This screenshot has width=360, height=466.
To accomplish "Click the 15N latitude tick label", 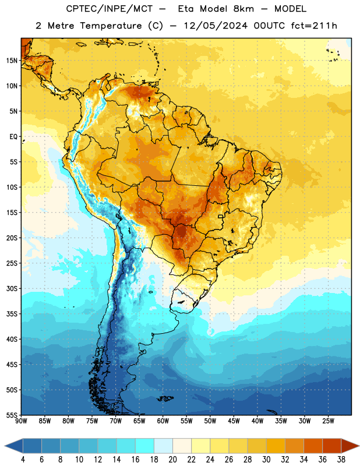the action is tap(12, 61).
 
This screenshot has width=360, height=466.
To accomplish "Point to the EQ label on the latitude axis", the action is tap(13, 137).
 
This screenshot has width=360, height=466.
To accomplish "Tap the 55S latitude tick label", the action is tap(12, 415).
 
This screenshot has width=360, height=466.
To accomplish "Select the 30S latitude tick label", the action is tap(12, 288).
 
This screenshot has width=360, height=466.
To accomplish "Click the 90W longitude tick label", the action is tap(21, 421).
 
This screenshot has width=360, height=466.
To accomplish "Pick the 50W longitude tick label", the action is tap(210, 421).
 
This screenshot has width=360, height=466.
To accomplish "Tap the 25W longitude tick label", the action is tap(328, 421).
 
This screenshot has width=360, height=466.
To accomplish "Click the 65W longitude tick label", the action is tap(139, 421).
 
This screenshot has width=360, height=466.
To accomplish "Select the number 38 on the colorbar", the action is tap(341, 460).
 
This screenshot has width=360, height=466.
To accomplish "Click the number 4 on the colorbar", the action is tap(23, 460).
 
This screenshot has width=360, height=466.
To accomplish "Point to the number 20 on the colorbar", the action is tap(172, 460).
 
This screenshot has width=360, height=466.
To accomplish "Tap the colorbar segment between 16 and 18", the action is tap(145, 446).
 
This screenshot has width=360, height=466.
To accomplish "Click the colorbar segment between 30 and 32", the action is tap(276, 446).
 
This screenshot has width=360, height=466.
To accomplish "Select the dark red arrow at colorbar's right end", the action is tap(349, 446).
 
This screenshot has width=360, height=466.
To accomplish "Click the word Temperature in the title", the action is tap(111, 26).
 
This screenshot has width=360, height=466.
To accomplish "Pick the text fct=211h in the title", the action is tap(314, 26).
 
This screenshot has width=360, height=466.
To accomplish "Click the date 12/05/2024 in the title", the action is tap(216, 26).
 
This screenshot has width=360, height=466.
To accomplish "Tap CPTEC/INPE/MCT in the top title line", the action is tap(109, 9).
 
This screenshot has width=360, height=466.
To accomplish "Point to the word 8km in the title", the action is tap(243, 9).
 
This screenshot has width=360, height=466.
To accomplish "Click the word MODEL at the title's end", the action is tap(291, 9).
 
